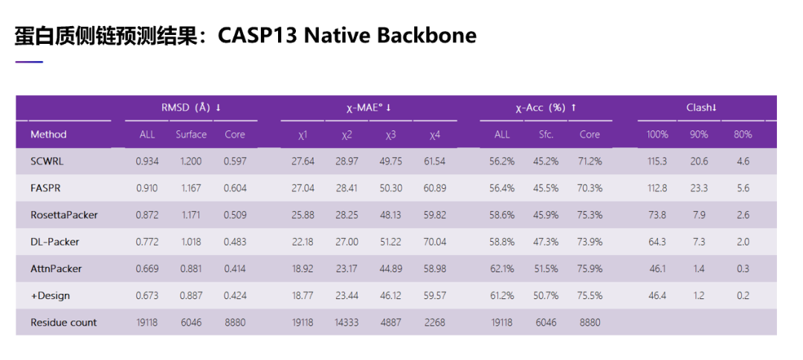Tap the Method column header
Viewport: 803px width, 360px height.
(x=48, y=135)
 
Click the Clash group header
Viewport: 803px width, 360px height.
(x=701, y=108)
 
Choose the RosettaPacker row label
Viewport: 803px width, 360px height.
(x=64, y=215)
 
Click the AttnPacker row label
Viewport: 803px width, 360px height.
(x=57, y=269)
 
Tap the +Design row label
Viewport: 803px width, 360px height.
(x=50, y=295)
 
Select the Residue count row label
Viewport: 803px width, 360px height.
(x=64, y=322)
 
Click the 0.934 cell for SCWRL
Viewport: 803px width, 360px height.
(x=147, y=161)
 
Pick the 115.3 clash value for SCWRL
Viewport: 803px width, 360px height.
(x=657, y=161)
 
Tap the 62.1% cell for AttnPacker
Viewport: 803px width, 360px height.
(x=503, y=269)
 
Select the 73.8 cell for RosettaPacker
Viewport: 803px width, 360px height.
(x=657, y=215)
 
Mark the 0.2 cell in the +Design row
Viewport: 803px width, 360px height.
(x=743, y=295)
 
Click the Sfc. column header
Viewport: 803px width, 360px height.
(x=546, y=135)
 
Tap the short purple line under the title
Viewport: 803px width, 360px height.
(x=29, y=62)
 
